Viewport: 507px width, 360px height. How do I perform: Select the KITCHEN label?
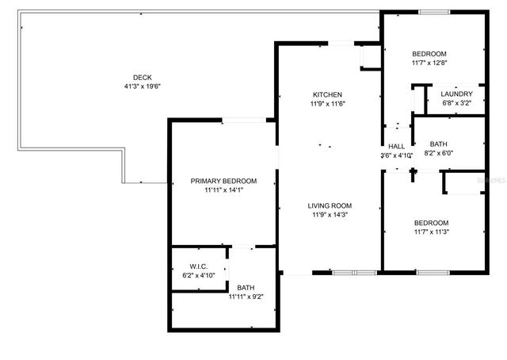point(327,94)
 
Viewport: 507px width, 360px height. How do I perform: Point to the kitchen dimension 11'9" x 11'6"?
point(327,104)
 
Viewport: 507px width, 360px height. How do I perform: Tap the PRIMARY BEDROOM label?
point(223,181)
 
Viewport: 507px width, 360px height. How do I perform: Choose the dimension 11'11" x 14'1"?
point(223,190)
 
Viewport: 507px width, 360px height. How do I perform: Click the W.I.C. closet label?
point(197,266)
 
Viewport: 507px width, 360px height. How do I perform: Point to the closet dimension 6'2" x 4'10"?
point(197,275)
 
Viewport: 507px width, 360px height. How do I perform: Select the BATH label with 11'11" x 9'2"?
point(245,288)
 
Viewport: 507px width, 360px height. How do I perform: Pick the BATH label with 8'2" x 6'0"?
point(438,144)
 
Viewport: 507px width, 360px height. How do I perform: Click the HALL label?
point(396,147)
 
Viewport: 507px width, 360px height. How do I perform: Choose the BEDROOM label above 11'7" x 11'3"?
point(431,223)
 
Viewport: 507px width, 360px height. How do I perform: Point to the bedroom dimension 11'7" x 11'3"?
point(431,232)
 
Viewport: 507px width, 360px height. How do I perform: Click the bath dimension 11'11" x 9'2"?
point(245,297)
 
